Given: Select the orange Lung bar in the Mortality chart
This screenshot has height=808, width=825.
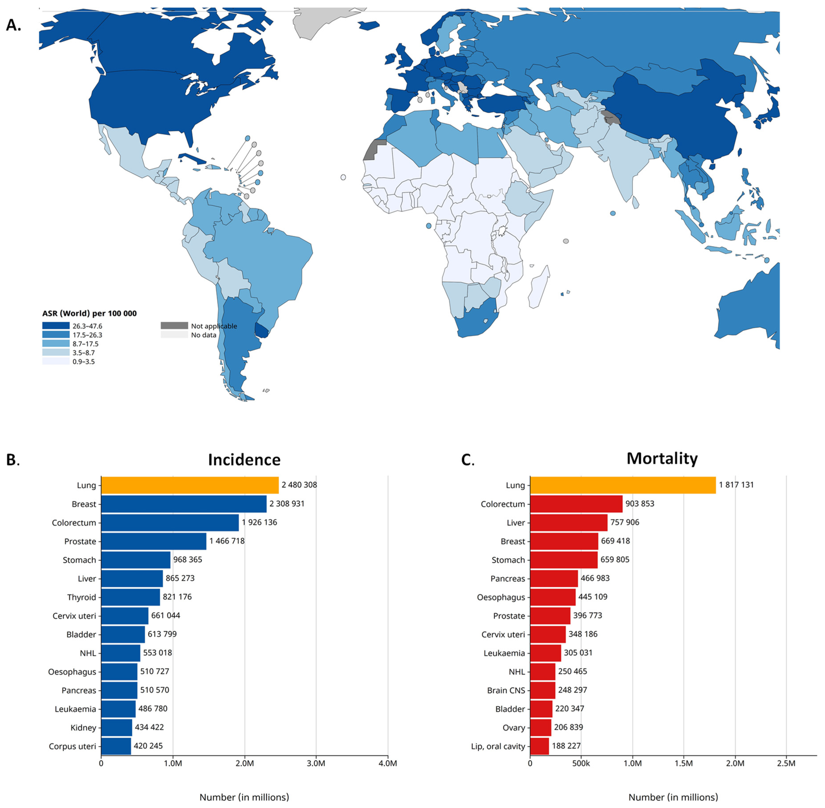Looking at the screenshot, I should [x=623, y=485].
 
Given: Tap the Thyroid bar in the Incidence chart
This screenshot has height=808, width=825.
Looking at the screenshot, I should [x=131, y=597].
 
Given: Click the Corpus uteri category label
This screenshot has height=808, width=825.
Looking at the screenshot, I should [x=72, y=746].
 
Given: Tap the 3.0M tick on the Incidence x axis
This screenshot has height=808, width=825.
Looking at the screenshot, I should [x=316, y=763].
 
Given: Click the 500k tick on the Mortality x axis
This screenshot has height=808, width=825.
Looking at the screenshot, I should [x=581, y=763].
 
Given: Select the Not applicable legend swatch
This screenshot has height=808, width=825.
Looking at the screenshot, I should [x=174, y=326].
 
